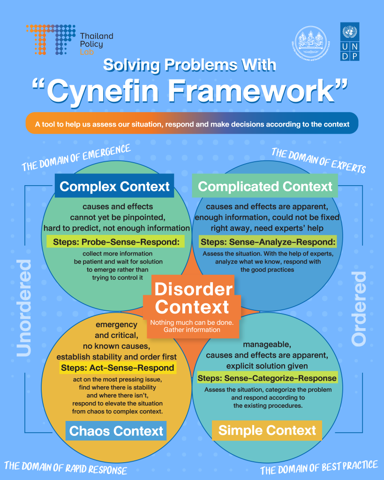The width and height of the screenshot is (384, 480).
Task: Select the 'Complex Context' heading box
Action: tap(114, 186)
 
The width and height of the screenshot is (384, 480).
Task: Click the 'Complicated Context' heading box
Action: tap(265, 186)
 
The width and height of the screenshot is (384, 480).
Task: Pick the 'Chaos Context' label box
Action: tap(116, 430)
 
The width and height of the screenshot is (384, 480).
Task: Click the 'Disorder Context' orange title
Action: tap(193, 298)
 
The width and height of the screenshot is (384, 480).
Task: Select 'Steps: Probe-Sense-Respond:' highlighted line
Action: tap(115, 242)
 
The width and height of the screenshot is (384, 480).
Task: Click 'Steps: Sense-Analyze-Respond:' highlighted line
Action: tap(268, 242)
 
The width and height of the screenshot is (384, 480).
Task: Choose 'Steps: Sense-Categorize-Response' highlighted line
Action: tap(267, 378)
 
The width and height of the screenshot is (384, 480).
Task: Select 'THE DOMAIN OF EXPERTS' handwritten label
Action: tap(318, 160)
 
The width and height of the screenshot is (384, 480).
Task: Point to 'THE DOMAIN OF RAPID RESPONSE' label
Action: tap(66, 467)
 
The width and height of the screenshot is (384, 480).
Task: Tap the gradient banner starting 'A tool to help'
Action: tap(192, 124)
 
